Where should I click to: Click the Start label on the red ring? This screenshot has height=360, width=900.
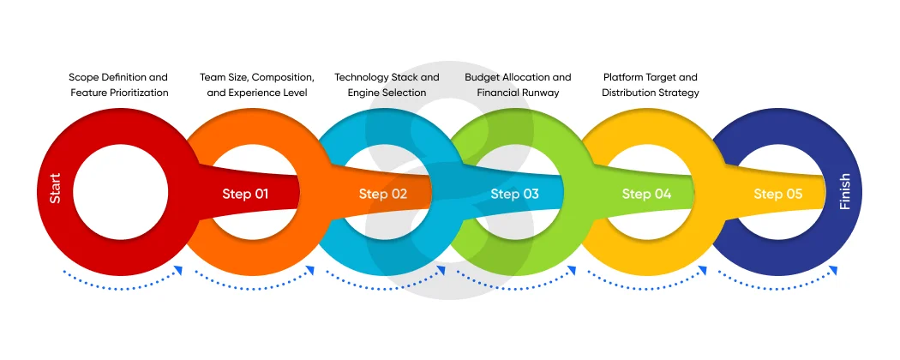[56, 189]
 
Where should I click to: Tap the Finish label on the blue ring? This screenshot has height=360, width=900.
[845, 191]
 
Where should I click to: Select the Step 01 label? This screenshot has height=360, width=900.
[245, 194]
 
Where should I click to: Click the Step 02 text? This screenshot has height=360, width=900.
[382, 194]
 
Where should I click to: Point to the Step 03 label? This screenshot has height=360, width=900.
[514, 194]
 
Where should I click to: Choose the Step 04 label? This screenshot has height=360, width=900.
[646, 194]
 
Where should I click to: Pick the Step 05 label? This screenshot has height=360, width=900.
[777, 194]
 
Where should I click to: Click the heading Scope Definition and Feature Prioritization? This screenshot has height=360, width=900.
[118, 85]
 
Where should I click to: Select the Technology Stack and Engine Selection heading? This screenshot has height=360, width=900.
[387, 85]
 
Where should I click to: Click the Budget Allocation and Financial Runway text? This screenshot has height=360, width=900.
[518, 85]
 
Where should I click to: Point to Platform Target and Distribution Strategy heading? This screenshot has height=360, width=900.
[651, 85]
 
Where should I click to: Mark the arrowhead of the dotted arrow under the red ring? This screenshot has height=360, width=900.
[179, 271]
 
